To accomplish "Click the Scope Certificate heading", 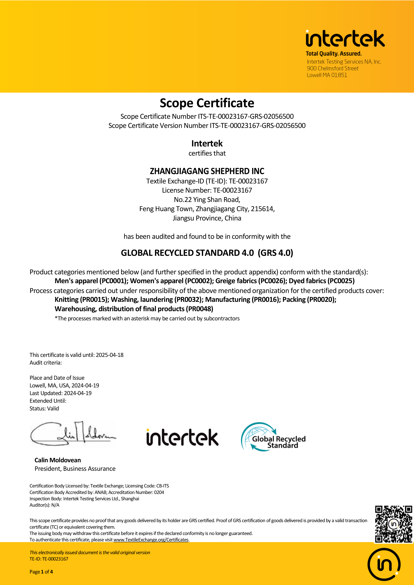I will (x=207, y=103).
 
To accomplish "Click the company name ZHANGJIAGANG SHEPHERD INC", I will (x=207, y=171).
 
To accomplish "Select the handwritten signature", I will (x=73, y=434).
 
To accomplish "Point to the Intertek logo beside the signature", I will (x=182, y=437).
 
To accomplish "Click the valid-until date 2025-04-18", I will (x=110, y=355).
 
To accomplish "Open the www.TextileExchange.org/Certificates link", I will (x=151, y=540).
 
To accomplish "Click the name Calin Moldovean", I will (x=58, y=460).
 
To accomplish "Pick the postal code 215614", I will (x=262, y=209).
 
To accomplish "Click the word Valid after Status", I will (x=53, y=408).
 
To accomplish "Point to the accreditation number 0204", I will (x=159, y=492).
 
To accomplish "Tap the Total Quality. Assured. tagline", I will (x=333, y=54).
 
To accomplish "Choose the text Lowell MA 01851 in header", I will (x=327, y=75).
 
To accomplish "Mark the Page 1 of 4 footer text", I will (x=41, y=572).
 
